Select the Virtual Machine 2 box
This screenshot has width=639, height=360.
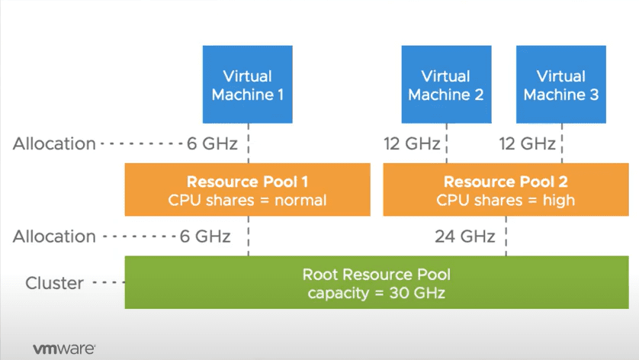pos(446,85)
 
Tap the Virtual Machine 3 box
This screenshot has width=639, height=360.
pos(560,85)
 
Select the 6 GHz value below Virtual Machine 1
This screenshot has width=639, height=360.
pos(209,143)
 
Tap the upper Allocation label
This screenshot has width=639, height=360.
pos(54,143)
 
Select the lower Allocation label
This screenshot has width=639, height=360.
pos(54,236)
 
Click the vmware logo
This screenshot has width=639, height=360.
pos(64,349)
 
